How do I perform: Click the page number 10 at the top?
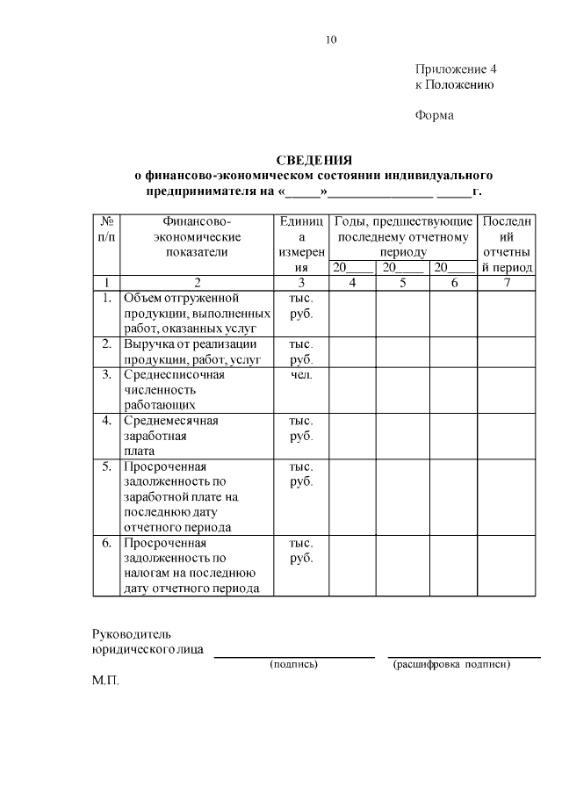pyautogui.click(x=330, y=40)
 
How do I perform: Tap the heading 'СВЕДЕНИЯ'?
pyautogui.click(x=313, y=160)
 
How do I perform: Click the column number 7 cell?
pyautogui.click(x=507, y=283)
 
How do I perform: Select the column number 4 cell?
pyautogui.click(x=352, y=283)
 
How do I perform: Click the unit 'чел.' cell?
pyautogui.click(x=301, y=375)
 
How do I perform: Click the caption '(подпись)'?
pyautogui.click(x=293, y=664)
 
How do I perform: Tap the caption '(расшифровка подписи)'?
pyautogui.click(x=451, y=664)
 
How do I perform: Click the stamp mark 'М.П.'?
pyautogui.click(x=104, y=681)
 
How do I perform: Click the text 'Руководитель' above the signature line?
pyautogui.click(x=133, y=634)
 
